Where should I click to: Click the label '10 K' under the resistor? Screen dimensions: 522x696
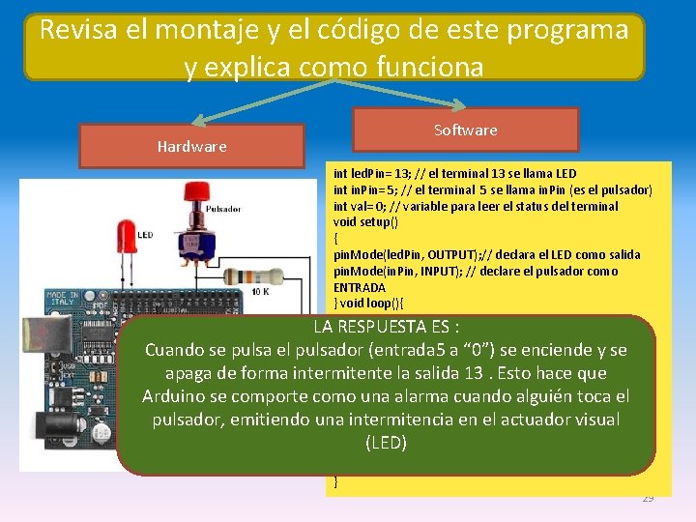pyautogui.click(x=261, y=292)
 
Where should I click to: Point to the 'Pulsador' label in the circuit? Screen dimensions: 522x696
pyautogui.click(x=223, y=209)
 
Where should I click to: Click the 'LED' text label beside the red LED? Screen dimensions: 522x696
pyautogui.click(x=144, y=235)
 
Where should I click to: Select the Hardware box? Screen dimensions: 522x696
pyautogui.click(x=191, y=146)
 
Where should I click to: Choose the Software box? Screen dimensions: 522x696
pyautogui.click(x=465, y=130)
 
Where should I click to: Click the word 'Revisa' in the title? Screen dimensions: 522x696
pyautogui.click(x=82, y=30)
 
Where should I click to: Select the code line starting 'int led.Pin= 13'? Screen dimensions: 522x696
pyautogui.click(x=453, y=173)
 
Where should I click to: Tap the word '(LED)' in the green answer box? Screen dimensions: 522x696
pyautogui.click(x=386, y=444)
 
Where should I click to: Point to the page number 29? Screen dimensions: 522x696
pyautogui.click(x=648, y=498)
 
